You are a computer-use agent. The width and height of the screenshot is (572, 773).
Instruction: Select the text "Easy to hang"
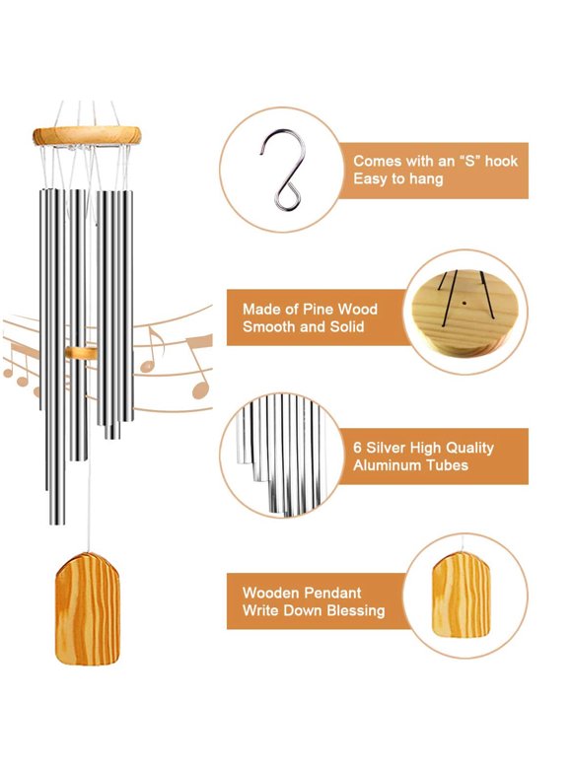click(x=398, y=178)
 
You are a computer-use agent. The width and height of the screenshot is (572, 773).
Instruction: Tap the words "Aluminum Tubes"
click(x=410, y=465)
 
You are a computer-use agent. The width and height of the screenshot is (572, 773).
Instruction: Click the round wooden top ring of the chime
click(x=86, y=135)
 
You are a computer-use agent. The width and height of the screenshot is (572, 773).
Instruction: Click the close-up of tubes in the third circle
click(x=282, y=455)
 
